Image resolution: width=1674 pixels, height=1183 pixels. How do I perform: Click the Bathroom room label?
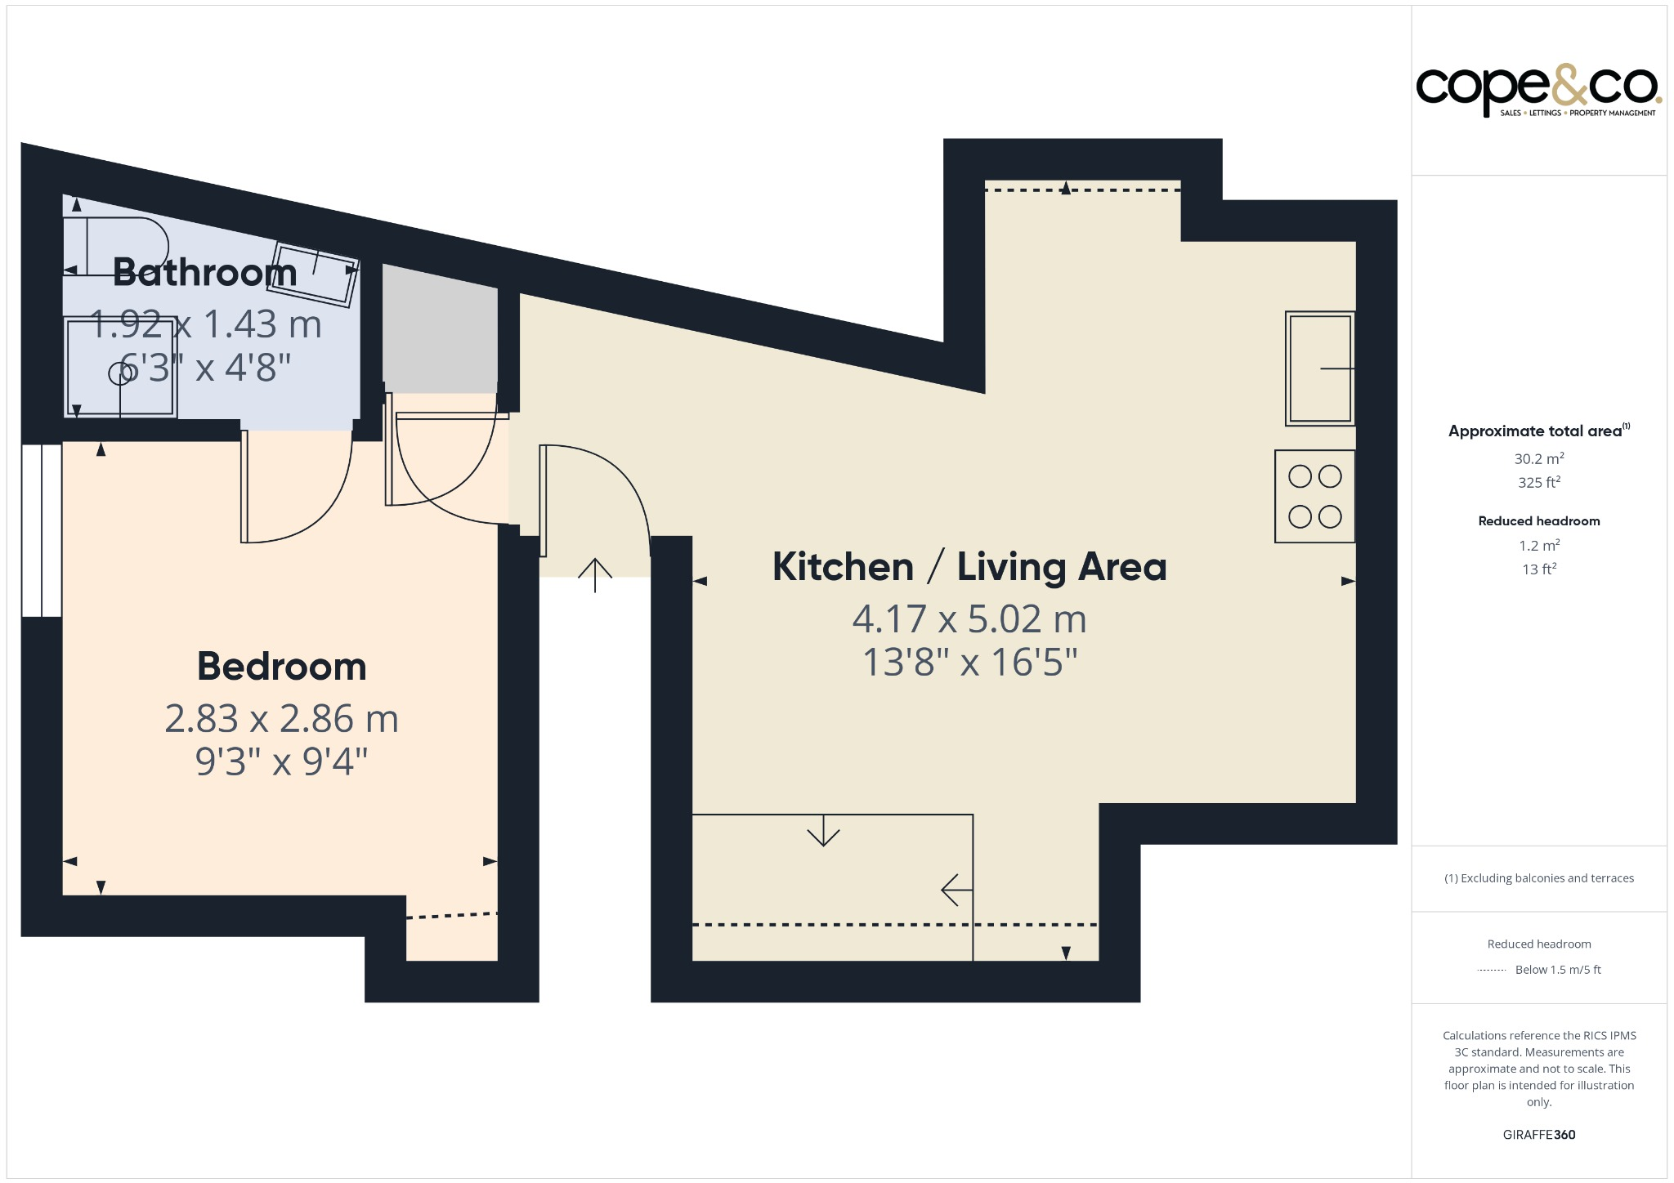(x=204, y=272)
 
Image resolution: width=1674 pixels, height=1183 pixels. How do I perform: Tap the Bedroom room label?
(x=282, y=667)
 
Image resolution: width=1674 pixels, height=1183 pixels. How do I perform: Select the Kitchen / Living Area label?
(x=969, y=567)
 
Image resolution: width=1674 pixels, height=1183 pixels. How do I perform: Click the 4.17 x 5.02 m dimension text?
(x=969, y=619)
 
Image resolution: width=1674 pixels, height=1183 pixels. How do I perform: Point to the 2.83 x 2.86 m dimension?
(x=282, y=719)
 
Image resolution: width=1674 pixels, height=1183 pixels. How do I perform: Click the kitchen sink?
(x=1320, y=368)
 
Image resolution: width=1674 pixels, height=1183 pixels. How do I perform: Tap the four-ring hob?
(x=1314, y=497)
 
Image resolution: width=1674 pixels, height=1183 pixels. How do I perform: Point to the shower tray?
(x=120, y=368)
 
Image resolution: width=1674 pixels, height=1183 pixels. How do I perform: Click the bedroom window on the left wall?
(x=42, y=530)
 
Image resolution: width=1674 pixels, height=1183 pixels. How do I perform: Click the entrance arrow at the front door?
(x=595, y=575)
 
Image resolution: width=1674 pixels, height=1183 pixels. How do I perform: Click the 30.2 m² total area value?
(x=1539, y=458)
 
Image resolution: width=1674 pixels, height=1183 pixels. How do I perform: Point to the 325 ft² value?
(x=1539, y=482)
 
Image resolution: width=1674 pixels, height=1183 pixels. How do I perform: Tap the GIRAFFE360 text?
(x=1539, y=1135)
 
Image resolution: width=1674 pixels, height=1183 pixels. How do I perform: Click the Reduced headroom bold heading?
(x=1539, y=521)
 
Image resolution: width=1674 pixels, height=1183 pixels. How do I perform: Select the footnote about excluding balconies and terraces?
(x=1539, y=878)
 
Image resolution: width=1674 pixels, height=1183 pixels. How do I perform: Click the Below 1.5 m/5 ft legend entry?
(x=1558, y=970)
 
